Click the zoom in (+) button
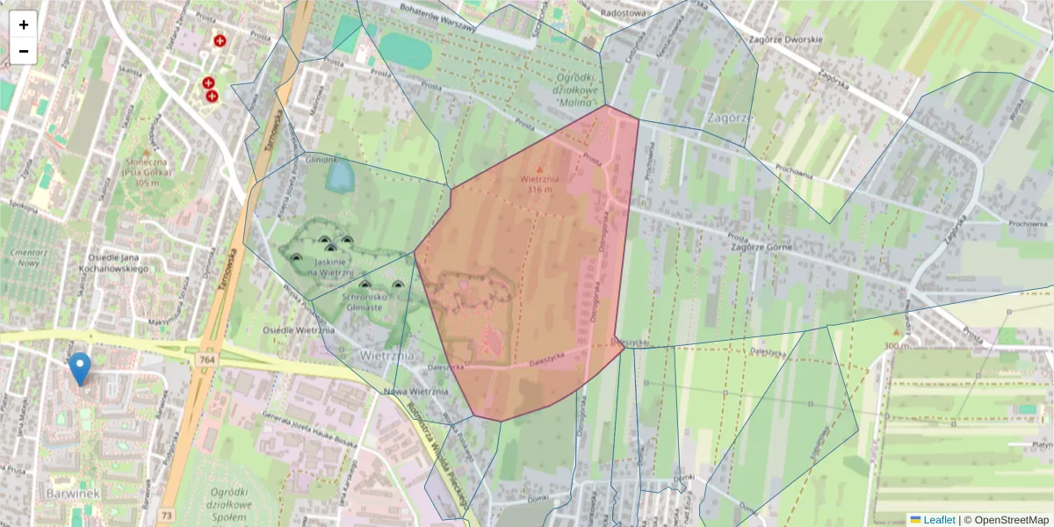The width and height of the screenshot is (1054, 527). pyautogui.click(x=24, y=25)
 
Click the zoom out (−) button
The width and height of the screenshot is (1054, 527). pyautogui.click(x=24, y=51)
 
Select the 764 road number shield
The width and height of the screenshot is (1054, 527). pyautogui.click(x=207, y=335)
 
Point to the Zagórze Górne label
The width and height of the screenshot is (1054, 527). pyautogui.click(x=761, y=248)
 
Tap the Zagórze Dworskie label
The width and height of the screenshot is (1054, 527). pyautogui.click(x=785, y=40)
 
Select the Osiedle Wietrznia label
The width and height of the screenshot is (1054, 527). pyautogui.click(x=299, y=330)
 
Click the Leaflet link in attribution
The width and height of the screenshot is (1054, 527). pyautogui.click(x=937, y=520)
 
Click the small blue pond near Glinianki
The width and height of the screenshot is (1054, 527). pyautogui.click(x=338, y=177)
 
